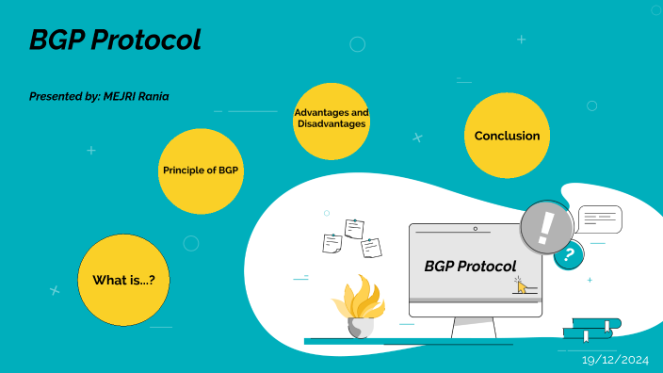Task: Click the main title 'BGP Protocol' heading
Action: pos(115,41)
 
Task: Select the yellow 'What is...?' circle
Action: pos(123,280)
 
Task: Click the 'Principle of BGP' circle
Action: pos(201,170)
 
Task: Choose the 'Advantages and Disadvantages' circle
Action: pos(331,120)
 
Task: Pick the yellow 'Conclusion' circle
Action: pos(507,136)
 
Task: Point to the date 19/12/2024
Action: pos(616,360)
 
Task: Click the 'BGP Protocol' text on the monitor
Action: pos(470,266)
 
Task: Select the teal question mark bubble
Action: pos(567,254)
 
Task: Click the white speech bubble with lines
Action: pos(599,219)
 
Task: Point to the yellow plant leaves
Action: pos(358,299)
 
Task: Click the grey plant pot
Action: pos(360,328)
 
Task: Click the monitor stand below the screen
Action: pos(474,327)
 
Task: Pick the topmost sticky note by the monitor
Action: pos(354,228)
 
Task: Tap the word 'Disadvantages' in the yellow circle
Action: pos(331,123)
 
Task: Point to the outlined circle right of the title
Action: pos(357,43)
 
